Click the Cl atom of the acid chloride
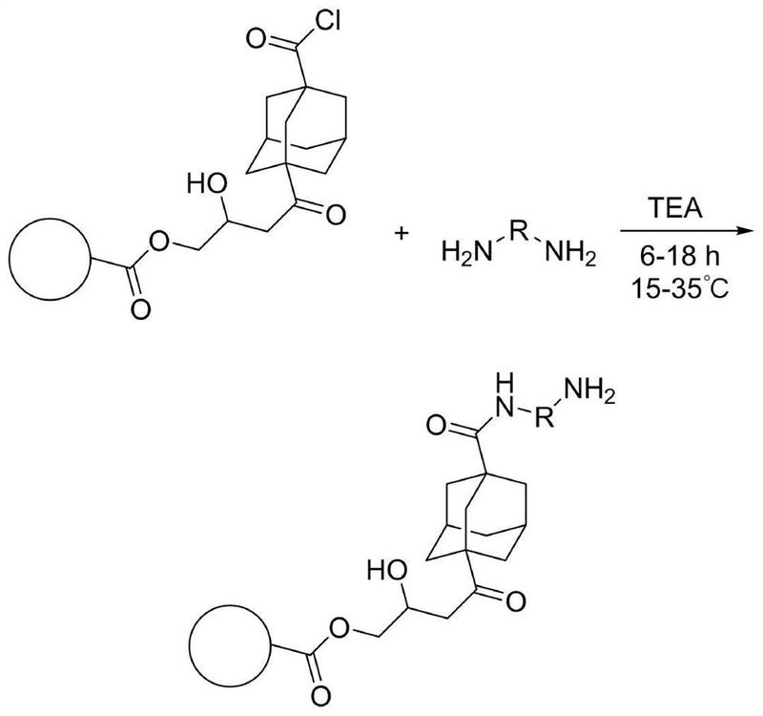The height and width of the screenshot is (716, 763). click(327, 22)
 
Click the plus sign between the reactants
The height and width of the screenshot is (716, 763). click(402, 234)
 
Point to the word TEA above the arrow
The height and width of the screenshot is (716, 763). click(675, 208)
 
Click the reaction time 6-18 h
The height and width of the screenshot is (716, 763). click(679, 256)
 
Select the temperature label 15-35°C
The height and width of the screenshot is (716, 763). click(680, 288)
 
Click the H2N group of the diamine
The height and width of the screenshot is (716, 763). click(466, 254)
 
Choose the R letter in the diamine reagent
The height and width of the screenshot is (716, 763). click(519, 230)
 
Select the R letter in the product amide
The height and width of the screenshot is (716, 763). click(545, 417)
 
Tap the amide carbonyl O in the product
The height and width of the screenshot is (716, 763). click(437, 426)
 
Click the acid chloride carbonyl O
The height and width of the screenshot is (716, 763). click(256, 38)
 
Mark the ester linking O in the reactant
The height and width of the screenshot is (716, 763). click(159, 242)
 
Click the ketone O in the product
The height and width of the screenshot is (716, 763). click(516, 601)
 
